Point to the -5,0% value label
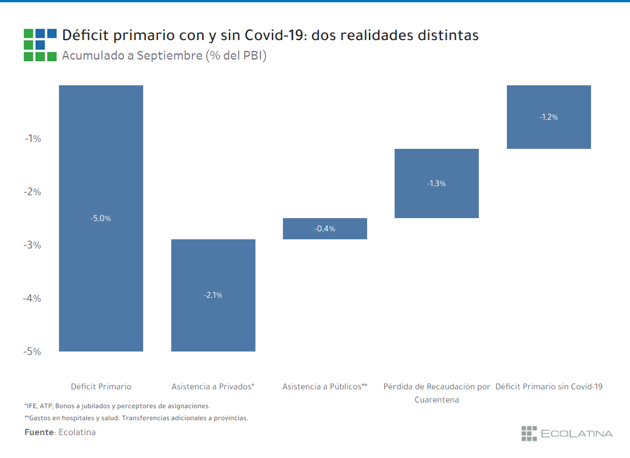(x=101, y=218)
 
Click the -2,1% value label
(x=213, y=295)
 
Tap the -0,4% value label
(x=325, y=228)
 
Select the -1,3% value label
(x=436, y=184)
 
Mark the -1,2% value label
(x=549, y=117)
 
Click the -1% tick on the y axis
(x=32, y=139)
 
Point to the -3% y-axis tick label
(x=32, y=245)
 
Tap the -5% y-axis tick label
(x=32, y=352)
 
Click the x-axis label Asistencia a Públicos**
(x=325, y=386)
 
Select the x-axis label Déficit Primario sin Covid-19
(x=549, y=386)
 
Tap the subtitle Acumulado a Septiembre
(x=131, y=56)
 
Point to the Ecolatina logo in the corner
(x=566, y=433)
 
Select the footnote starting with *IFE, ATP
(x=117, y=405)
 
